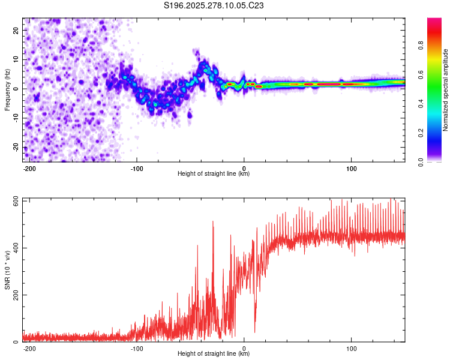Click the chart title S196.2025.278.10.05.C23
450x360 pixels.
coord(214,6)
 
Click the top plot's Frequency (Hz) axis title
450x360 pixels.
coord(8,89)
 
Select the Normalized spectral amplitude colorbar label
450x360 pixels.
coord(446,90)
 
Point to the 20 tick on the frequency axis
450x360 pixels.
coord(17,30)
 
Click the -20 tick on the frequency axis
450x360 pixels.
coord(16,148)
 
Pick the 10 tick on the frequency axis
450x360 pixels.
coord(17,59)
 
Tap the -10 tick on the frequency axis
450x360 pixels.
coord(16,118)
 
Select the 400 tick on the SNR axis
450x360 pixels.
coord(14,248)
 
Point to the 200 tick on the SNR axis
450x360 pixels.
coord(14,295)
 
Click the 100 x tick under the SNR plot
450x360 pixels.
coord(351,347)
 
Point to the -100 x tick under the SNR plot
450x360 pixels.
coord(137,347)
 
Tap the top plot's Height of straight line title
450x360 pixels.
coord(214,174)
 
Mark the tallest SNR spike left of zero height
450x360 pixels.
coord(213,222)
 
